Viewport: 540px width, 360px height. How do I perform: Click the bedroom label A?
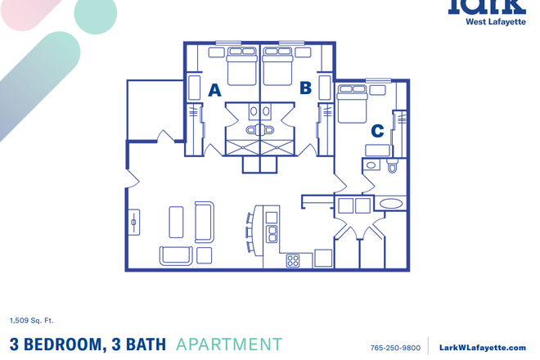click(214, 90)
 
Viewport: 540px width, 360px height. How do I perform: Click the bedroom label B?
click(306, 88)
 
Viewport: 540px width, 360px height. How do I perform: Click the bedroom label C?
click(377, 130)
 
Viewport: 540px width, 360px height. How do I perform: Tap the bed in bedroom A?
click(241, 67)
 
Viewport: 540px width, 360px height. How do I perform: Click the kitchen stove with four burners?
click(293, 261)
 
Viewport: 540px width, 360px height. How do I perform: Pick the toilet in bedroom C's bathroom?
click(392, 167)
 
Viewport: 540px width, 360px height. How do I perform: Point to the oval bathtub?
click(392, 204)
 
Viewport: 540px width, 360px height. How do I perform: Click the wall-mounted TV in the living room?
click(134, 222)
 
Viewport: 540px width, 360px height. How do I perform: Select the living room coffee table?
click(177, 222)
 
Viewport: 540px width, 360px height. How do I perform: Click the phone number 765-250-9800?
click(395, 348)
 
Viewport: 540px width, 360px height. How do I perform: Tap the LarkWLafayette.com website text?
click(483, 348)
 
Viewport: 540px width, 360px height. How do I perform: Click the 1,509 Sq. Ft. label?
click(32, 320)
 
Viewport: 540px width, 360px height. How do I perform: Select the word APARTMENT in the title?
click(229, 345)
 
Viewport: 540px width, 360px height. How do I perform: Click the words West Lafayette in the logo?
click(495, 23)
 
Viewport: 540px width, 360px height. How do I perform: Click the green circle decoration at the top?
click(95, 15)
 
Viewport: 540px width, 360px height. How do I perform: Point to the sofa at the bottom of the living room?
click(177, 255)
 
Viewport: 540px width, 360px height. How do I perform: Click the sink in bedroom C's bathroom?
click(371, 164)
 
